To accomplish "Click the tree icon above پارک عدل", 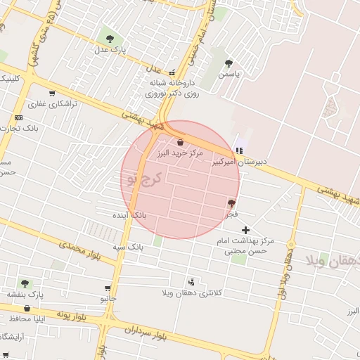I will (x=108, y=38).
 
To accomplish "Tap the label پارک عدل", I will (x=109, y=51).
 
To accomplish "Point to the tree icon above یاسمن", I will (x=229, y=63).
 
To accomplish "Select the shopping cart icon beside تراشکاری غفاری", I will (x=52, y=93).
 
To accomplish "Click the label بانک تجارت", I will (x=19, y=129).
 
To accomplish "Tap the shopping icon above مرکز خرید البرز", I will (x=181, y=142).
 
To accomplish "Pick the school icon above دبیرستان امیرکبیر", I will (x=240, y=150).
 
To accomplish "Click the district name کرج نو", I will (x=145, y=178).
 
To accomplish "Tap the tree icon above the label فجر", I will (x=231, y=202).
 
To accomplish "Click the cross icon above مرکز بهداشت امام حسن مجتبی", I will (x=245, y=230).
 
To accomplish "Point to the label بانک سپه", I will (x=128, y=247).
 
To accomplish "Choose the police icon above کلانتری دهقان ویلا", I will (x=191, y=281).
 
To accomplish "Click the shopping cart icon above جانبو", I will (x=108, y=288).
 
